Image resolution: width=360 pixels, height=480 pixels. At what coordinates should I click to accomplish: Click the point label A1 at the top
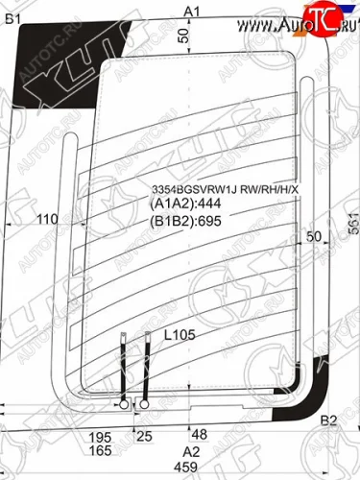tap(191, 12)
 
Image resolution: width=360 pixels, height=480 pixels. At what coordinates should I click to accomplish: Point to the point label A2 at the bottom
tap(191, 452)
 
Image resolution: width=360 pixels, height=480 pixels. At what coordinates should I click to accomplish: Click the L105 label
tap(179, 336)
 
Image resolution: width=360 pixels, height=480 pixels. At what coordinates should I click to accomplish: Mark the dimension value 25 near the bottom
tap(144, 437)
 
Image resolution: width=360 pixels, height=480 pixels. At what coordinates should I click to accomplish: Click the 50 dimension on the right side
tap(313, 236)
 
